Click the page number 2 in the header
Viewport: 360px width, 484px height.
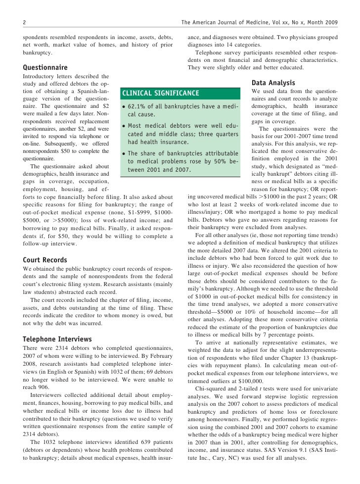tap(25, 22)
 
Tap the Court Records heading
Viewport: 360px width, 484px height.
tap(45, 259)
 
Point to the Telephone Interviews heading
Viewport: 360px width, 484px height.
tap(57, 339)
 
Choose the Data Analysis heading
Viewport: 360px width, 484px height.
tap(273, 83)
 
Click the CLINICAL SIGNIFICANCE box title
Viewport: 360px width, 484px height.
tap(161, 93)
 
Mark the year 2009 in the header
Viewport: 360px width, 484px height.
tap(332, 22)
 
